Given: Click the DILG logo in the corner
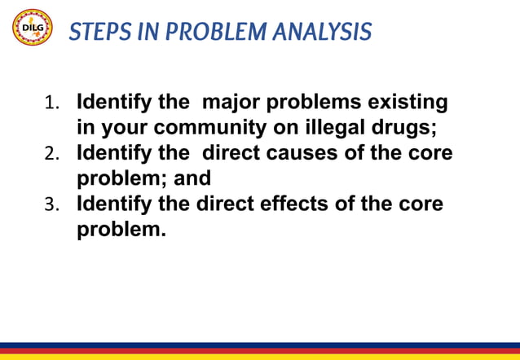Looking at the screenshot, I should (32, 29).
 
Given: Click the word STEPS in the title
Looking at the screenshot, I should (94, 32).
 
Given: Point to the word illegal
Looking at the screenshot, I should (356, 129).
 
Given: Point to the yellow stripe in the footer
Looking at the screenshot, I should (260, 357).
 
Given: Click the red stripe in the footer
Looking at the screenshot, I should (260, 351).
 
